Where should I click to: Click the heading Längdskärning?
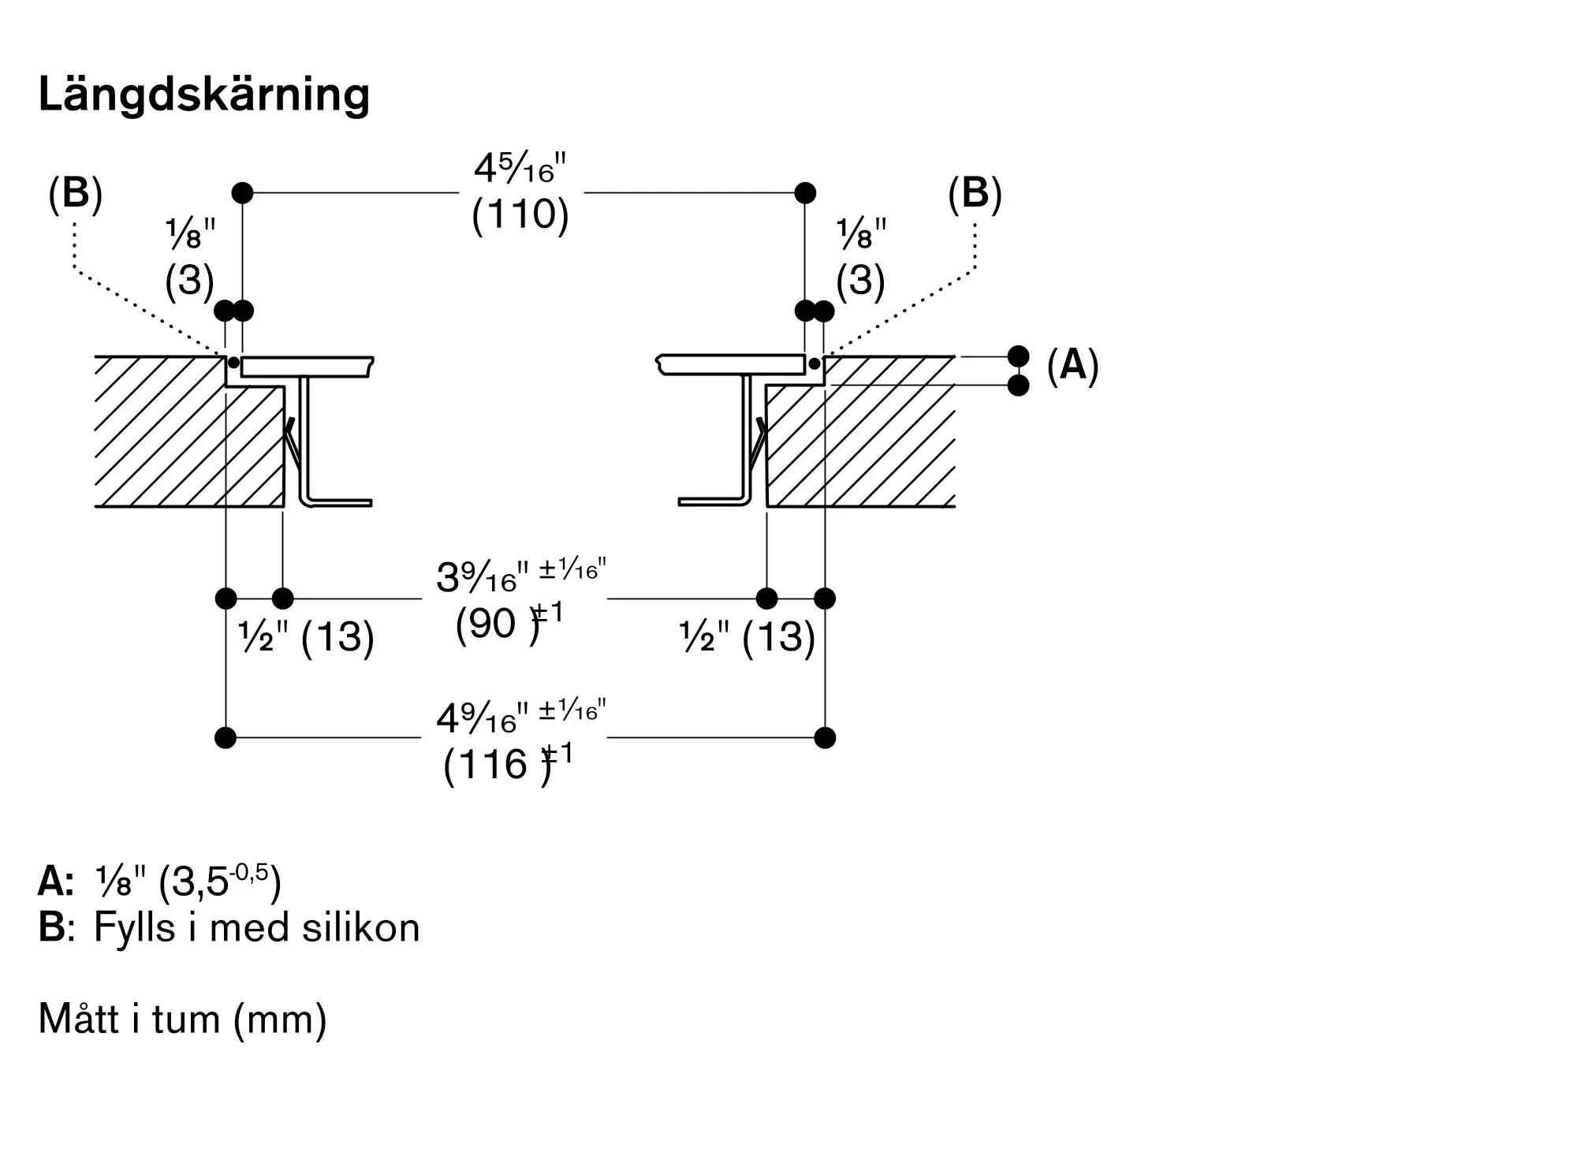pos(204,95)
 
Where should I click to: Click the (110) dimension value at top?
pos(520,214)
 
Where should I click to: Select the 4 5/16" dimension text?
pos(520,168)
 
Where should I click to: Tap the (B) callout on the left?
pos(76,193)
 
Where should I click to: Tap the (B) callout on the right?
pos(975,193)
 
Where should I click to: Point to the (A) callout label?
pos(1072,366)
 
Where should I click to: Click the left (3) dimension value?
pos(190,280)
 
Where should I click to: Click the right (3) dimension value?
pos(860,280)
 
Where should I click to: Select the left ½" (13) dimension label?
pos(306,636)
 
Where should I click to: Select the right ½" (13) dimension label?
pos(747,636)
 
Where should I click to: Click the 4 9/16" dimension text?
pos(521,717)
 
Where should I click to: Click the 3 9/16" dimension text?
pos(521,576)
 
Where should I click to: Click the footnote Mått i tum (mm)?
pos(182,1019)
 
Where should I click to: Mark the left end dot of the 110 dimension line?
pos(242,192)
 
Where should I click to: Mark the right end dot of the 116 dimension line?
pos(825,738)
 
